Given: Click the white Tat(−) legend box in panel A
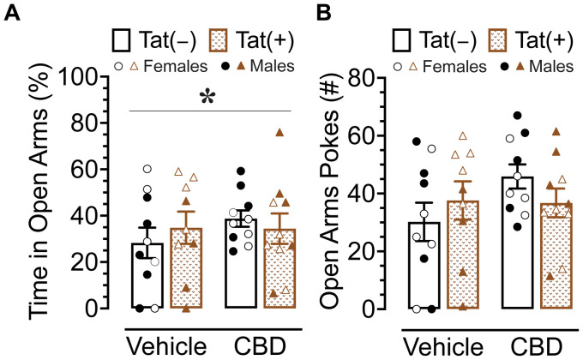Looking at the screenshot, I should pos(123,39).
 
